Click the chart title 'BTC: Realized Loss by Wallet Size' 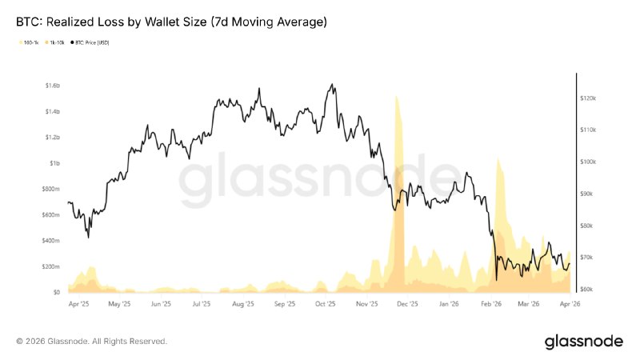coord(171,22)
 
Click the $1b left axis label coord(54,163)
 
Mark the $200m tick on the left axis coord(50,266)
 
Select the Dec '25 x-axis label coord(408,304)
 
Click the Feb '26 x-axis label coord(491,304)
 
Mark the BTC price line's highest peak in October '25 coord(330,84)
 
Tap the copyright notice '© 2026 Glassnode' coord(91,342)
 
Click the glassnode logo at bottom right coord(583,342)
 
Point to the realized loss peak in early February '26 coord(498,158)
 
